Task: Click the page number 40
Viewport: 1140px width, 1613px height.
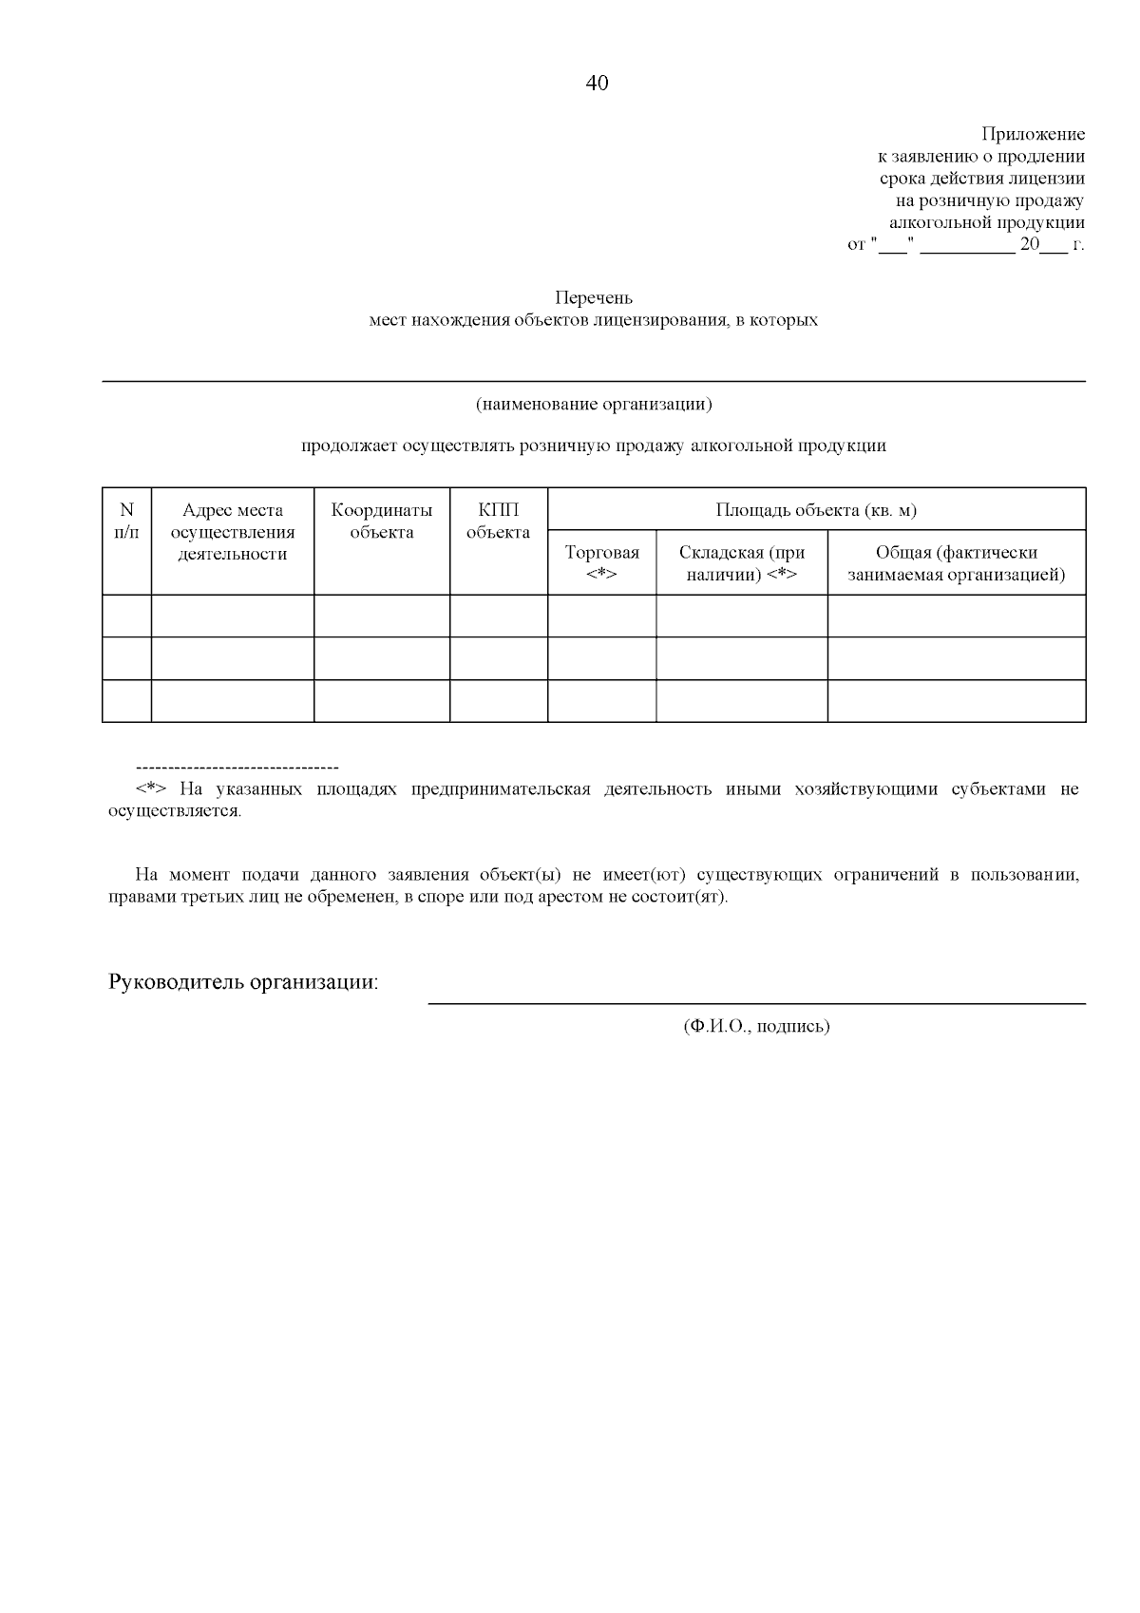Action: (597, 84)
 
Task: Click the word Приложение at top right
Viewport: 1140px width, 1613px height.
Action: (1033, 135)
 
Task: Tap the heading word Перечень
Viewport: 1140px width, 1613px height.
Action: (594, 298)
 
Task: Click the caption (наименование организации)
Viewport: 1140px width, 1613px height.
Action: (594, 405)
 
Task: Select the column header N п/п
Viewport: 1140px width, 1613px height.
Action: (126, 522)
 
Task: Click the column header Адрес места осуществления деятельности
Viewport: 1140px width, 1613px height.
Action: (233, 533)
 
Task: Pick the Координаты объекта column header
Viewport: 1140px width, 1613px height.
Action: (381, 522)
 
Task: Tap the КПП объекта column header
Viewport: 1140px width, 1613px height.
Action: (499, 522)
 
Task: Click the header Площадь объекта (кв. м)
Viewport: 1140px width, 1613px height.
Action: (816, 510)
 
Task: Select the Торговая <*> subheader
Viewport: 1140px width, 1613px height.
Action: (601, 563)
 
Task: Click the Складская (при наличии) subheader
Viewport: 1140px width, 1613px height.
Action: (741, 563)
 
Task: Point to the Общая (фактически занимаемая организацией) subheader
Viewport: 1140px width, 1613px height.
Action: (956, 563)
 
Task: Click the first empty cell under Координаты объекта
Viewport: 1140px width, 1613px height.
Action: (381, 617)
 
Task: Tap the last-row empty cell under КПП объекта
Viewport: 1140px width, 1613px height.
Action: (499, 701)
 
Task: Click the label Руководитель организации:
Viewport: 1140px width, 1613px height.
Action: (243, 982)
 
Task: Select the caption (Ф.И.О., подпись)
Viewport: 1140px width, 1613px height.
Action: (756, 1027)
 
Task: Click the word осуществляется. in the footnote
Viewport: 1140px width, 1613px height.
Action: (176, 812)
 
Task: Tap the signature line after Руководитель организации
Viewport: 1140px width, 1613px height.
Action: (756, 1002)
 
